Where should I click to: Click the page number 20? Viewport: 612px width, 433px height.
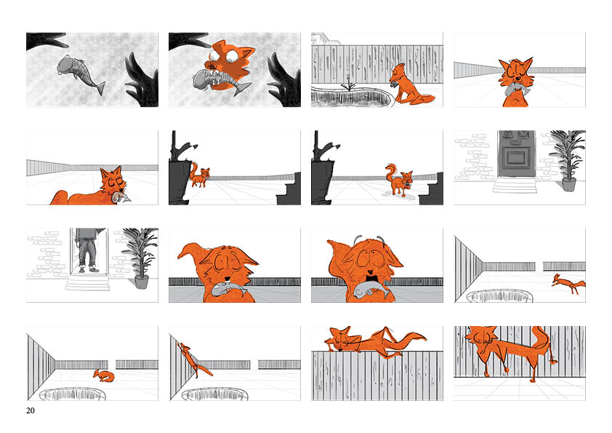30,410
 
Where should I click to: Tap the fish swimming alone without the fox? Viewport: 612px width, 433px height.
81,73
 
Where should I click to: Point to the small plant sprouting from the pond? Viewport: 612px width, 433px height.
348,85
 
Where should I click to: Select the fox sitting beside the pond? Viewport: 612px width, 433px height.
409,85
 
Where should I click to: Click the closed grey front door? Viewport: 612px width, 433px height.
516,154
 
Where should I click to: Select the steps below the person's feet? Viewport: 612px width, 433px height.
88,282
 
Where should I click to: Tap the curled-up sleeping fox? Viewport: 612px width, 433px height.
104,376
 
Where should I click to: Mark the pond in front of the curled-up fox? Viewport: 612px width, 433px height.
73,394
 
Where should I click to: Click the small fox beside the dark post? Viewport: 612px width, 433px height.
199,175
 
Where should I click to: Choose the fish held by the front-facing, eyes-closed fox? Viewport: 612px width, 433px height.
515,89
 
